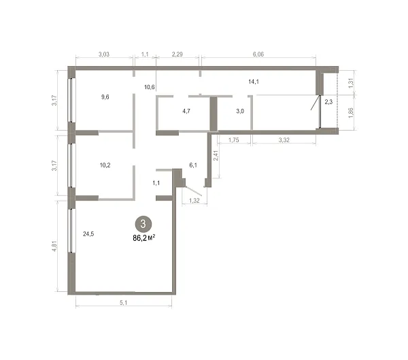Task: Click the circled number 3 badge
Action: pos(143,224)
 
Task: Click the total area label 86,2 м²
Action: pos(144,238)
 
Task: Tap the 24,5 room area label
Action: pos(88,234)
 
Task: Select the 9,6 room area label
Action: pos(105,97)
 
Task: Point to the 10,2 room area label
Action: pos(105,165)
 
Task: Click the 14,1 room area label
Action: pos(254,82)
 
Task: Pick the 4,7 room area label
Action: pos(186,111)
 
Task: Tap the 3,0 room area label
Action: pos(240,111)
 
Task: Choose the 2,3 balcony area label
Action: pos(328,102)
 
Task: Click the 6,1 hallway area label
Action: pos(193,165)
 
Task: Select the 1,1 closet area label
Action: pos(156,183)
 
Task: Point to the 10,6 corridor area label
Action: pos(150,87)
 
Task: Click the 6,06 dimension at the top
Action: pos(258,54)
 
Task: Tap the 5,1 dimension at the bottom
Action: pos(123,303)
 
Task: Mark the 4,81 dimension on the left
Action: pos(54,246)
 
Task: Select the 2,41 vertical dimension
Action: pos(216,156)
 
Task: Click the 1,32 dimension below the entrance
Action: pos(194,200)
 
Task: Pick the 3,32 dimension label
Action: pos(284,140)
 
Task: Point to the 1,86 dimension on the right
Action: pos(350,112)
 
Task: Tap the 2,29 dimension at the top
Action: pos(177,54)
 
